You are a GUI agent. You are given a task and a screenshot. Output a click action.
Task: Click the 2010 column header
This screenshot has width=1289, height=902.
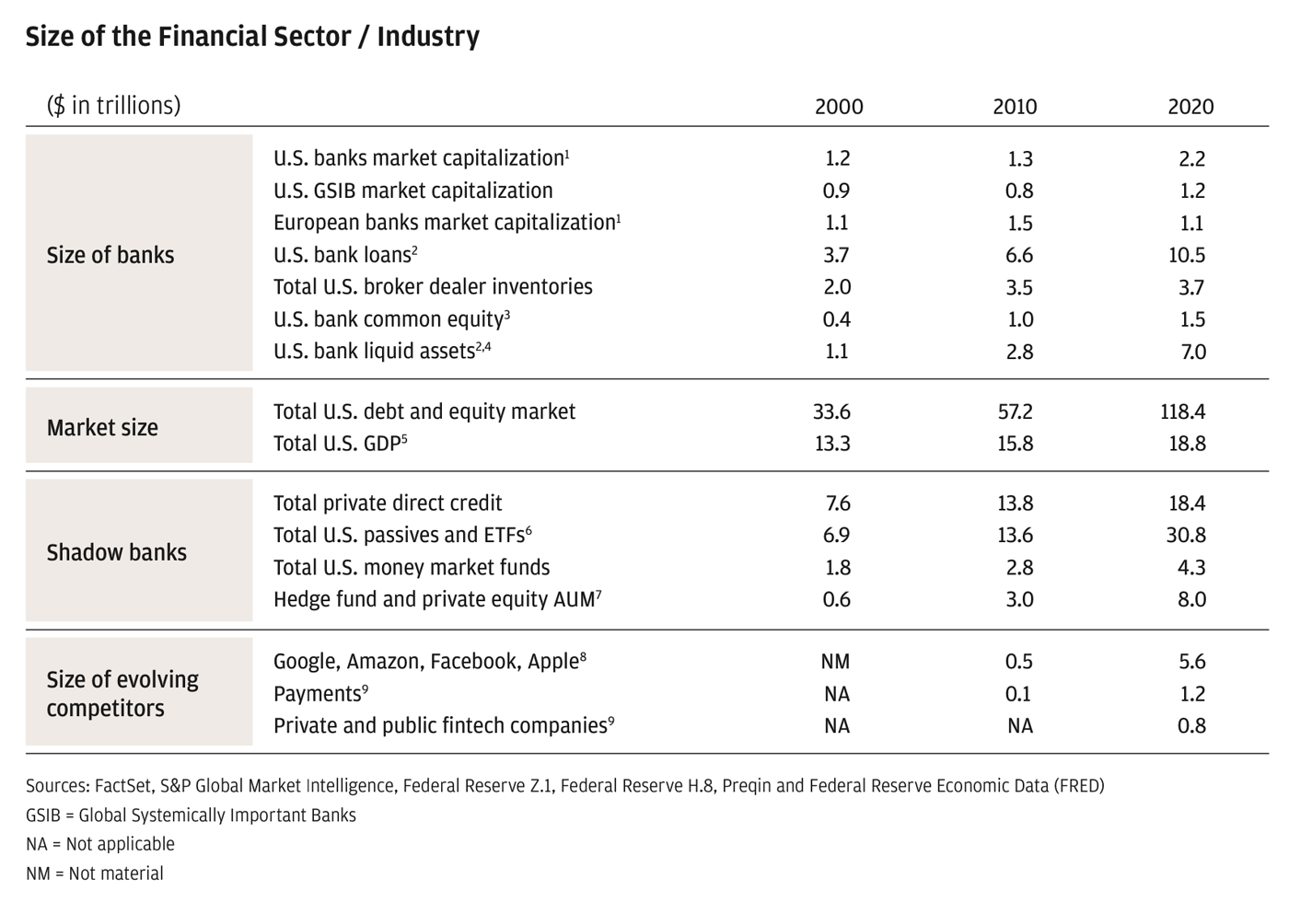click(x=1015, y=107)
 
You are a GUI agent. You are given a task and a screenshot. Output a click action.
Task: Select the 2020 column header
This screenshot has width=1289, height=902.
click(x=1190, y=107)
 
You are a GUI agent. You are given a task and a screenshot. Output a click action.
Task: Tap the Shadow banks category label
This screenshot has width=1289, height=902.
click(x=117, y=552)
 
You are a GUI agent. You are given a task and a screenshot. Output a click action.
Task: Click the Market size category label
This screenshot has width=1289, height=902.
click(x=102, y=428)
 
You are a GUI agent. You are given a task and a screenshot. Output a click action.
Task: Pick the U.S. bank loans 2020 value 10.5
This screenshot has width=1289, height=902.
click(x=1187, y=255)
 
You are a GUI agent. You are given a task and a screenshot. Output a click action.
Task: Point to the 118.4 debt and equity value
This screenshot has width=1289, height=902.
click(x=1183, y=411)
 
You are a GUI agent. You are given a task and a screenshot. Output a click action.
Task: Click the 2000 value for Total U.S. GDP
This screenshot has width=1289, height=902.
click(x=832, y=444)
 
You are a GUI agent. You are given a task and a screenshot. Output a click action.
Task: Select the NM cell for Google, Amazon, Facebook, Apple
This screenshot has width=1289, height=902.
click(x=835, y=662)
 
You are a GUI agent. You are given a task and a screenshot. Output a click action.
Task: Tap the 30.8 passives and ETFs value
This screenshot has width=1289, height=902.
click(x=1186, y=536)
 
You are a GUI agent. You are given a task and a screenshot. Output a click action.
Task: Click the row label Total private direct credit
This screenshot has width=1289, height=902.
click(x=388, y=503)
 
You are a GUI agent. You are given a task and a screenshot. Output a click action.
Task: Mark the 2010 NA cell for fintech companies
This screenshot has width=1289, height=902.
click(x=1019, y=726)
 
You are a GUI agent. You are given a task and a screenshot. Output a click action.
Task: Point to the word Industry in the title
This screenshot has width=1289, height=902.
click(x=428, y=37)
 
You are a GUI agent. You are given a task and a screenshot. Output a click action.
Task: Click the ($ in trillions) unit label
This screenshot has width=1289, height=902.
click(x=113, y=106)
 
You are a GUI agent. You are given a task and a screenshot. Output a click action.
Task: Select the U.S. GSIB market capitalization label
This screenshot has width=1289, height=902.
click(x=413, y=191)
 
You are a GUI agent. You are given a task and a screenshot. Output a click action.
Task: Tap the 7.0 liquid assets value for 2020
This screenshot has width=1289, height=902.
click(x=1193, y=352)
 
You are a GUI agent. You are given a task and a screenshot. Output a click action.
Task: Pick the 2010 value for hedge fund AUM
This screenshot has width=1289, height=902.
click(x=1019, y=600)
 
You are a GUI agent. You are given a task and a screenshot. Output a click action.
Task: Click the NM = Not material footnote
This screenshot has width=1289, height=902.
click(x=95, y=873)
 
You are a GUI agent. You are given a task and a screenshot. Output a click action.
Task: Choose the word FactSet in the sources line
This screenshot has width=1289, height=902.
click(x=123, y=786)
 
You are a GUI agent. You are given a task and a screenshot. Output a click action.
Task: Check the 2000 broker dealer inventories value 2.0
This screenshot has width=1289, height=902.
click(x=837, y=287)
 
